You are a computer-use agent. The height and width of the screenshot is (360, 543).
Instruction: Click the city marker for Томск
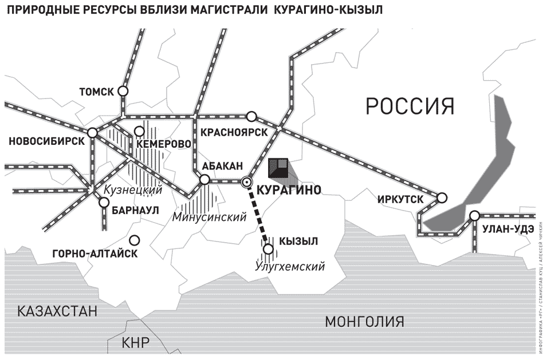[123, 90]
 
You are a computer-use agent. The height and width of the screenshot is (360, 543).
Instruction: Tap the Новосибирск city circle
[93, 133]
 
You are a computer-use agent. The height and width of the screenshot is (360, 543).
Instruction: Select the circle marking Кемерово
[139, 131]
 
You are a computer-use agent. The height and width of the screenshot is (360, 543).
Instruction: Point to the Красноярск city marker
[251, 116]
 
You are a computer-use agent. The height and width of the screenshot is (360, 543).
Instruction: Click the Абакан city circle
[204, 180]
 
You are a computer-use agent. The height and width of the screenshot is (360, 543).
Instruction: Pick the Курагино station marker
[247, 182]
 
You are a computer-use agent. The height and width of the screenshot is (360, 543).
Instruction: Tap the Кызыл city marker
[267, 248]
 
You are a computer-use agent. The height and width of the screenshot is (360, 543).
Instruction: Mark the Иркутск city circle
[442, 198]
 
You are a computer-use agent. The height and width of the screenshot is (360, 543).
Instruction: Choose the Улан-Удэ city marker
[474, 216]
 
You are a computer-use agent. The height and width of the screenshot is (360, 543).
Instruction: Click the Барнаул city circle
[104, 202]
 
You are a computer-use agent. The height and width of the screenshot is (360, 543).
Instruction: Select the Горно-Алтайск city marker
[135, 240]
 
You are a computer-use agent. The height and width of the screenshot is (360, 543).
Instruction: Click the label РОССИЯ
[410, 106]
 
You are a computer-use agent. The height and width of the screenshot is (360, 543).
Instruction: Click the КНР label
[135, 343]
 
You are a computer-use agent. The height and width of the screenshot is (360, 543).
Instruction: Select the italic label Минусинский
[209, 217]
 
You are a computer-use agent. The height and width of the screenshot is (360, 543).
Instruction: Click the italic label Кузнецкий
[133, 190]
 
